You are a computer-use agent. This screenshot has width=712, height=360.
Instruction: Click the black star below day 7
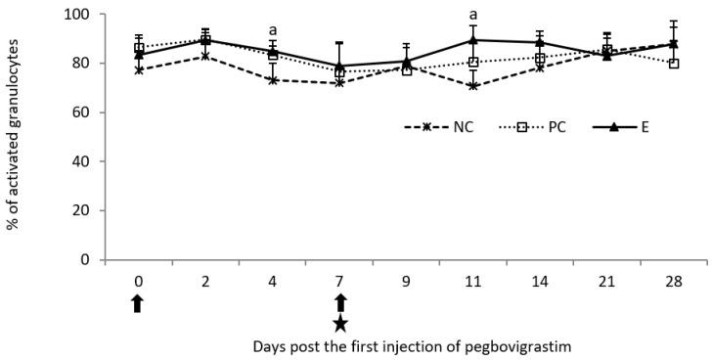point(339,324)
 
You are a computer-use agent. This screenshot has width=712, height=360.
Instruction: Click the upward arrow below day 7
point(339,302)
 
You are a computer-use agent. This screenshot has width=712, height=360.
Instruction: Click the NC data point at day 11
point(473,86)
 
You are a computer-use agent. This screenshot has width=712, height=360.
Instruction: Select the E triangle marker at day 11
point(473,40)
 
